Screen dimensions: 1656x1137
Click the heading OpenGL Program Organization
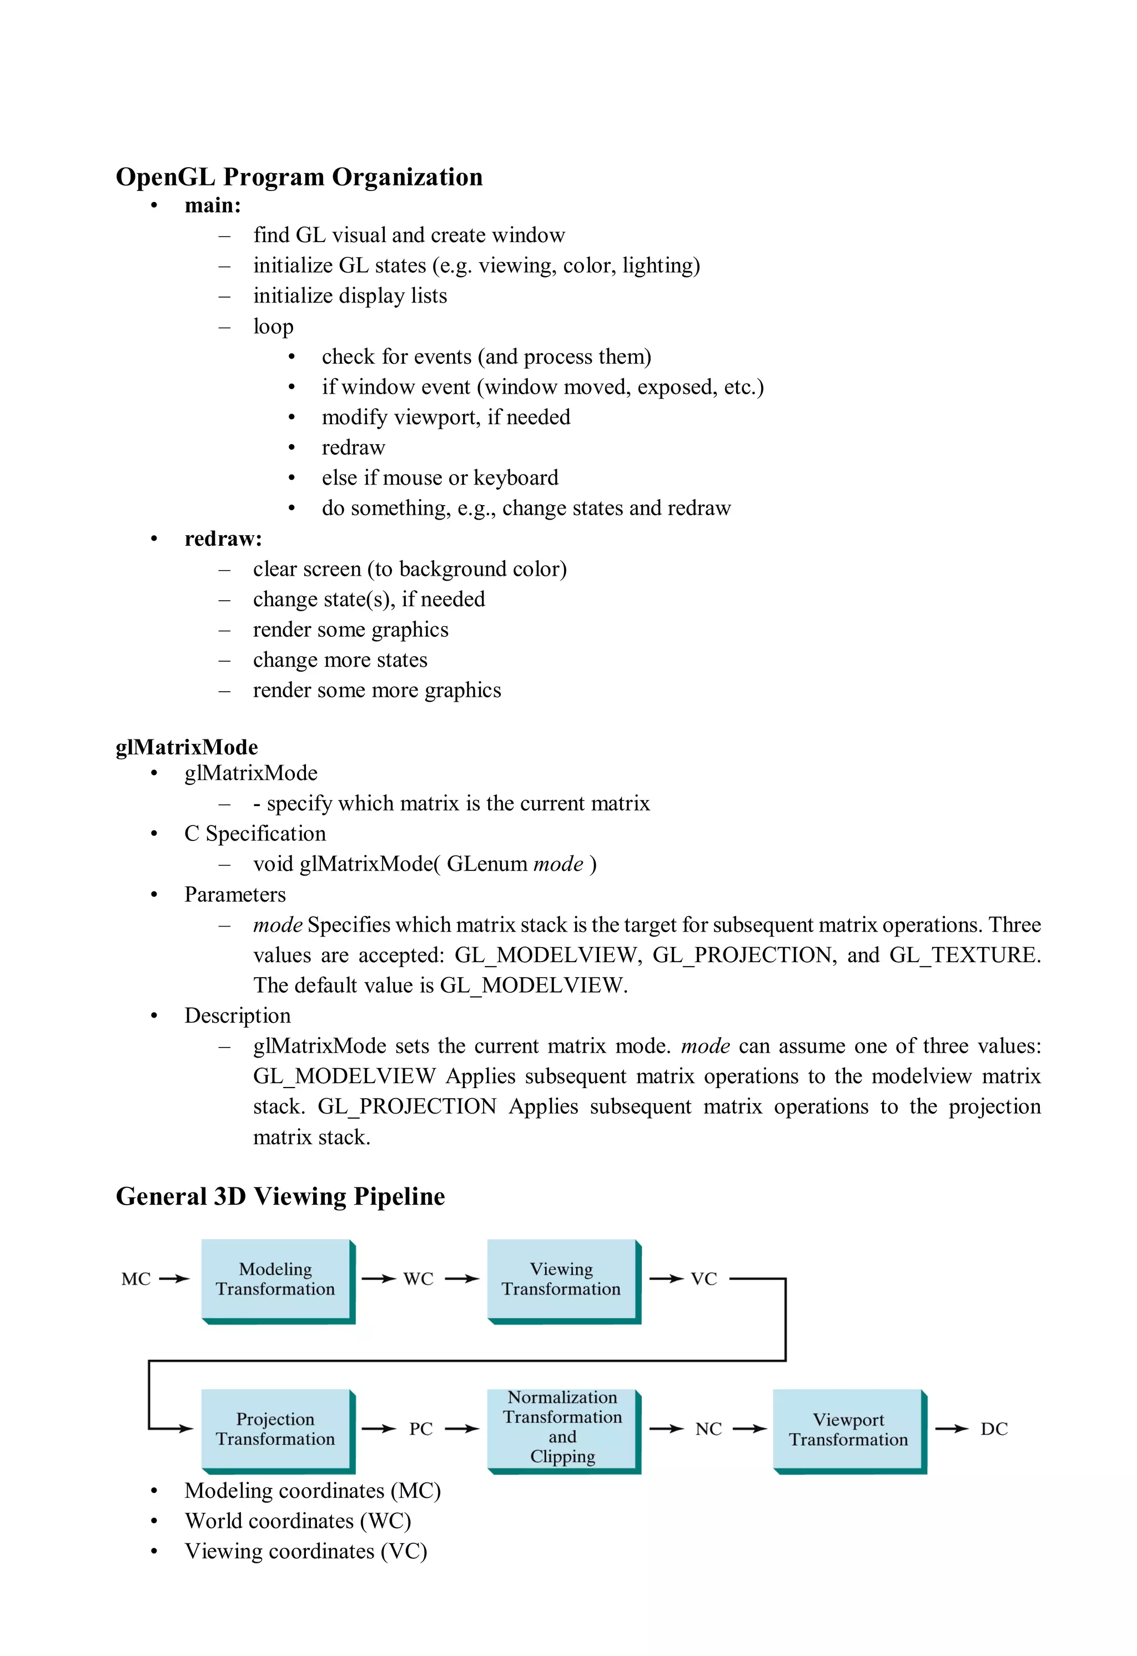(x=299, y=177)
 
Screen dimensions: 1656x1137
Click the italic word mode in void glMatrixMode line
(x=558, y=864)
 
